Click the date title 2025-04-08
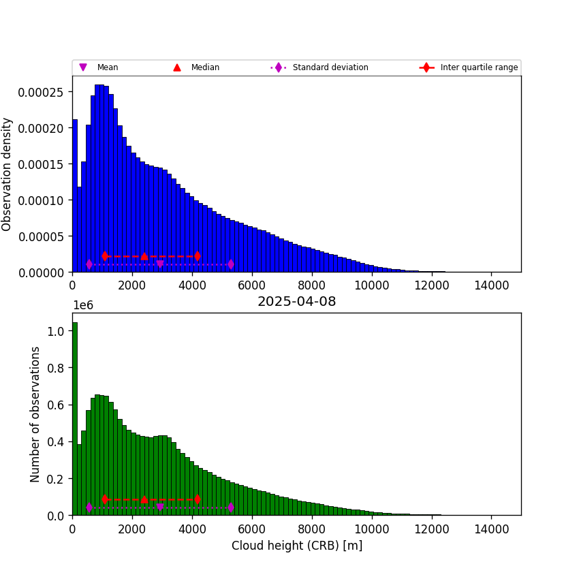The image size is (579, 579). point(296,302)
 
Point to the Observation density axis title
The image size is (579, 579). point(7,174)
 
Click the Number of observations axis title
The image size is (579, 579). point(35,414)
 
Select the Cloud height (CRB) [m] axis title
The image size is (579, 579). point(296,546)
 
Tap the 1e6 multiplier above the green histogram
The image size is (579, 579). point(82,305)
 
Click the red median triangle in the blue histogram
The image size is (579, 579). point(144,256)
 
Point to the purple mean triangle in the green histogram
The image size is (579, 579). point(160,507)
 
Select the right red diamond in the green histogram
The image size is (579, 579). point(198,499)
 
